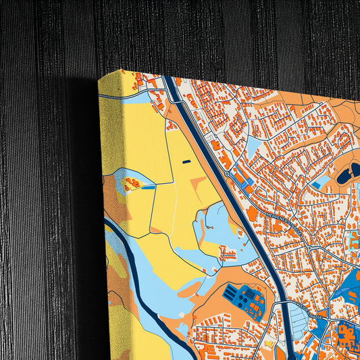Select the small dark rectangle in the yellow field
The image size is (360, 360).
(x=186, y=161)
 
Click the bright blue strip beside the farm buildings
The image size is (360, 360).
(x=147, y=187)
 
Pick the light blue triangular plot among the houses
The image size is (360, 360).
(x=253, y=145)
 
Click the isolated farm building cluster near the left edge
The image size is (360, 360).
(x=132, y=182)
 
